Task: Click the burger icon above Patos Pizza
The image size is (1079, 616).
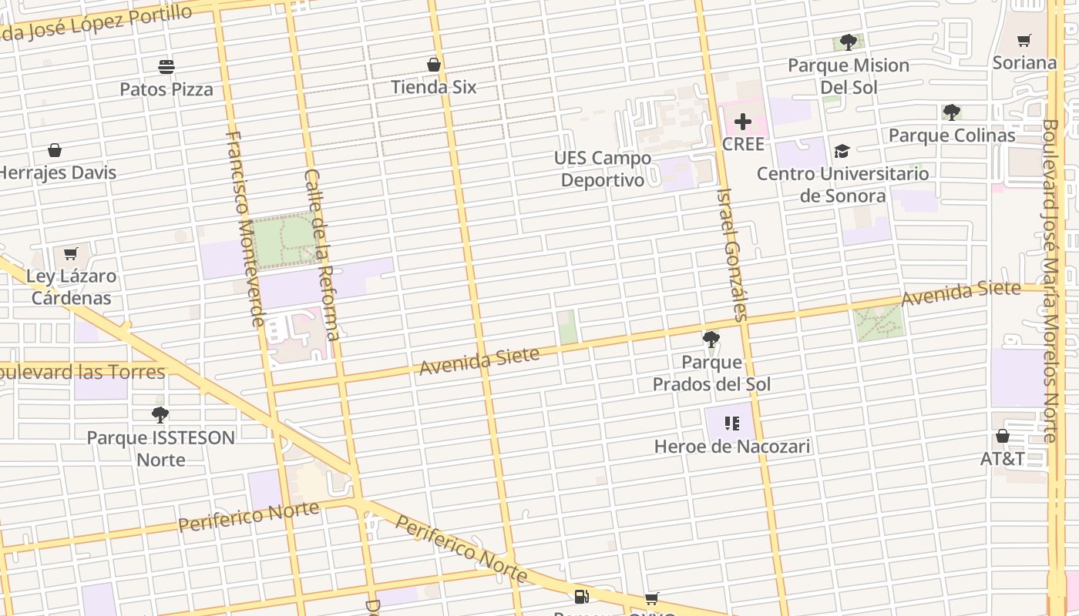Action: click(166, 67)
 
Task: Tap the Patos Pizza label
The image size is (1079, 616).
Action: click(166, 89)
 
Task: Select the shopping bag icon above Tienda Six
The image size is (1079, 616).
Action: click(434, 65)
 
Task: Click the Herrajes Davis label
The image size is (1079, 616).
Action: click(58, 172)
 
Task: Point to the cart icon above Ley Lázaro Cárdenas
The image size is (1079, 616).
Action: click(71, 253)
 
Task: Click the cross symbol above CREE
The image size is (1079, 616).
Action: click(743, 122)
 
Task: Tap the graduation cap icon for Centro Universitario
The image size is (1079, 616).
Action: click(842, 152)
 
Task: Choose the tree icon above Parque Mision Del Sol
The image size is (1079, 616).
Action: click(849, 42)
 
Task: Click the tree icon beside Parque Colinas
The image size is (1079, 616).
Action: click(952, 112)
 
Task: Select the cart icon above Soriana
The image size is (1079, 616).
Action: click(1024, 40)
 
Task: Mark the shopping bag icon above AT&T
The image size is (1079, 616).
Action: click(1003, 437)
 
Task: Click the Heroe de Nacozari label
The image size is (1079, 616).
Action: click(732, 446)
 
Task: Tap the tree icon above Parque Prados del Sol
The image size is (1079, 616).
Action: click(711, 339)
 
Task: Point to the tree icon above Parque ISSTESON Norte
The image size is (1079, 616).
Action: click(160, 415)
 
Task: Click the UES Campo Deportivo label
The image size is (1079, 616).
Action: click(603, 169)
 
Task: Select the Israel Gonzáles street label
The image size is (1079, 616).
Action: click(732, 254)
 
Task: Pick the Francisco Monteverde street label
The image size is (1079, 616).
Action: click(246, 228)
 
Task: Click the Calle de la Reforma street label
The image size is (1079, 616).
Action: click(322, 254)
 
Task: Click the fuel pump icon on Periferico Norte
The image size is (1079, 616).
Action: click(582, 596)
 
